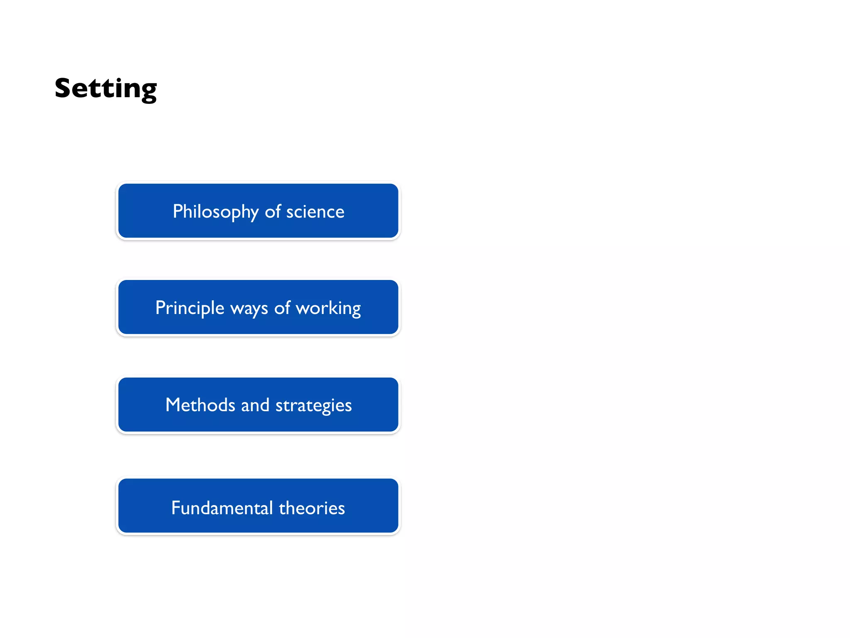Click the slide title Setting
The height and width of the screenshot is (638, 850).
pyautogui.click(x=106, y=88)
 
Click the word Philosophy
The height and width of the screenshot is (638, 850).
pyautogui.click(x=215, y=212)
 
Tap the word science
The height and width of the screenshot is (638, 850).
pyautogui.click(x=315, y=212)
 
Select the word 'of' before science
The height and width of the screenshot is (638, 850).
pyautogui.click(x=273, y=211)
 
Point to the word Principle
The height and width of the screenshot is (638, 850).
pyautogui.click(x=190, y=308)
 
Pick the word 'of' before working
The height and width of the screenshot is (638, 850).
pyautogui.click(x=282, y=308)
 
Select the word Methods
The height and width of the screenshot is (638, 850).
pyautogui.click(x=200, y=405)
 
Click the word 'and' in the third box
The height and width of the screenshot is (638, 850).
pyautogui.click(x=255, y=405)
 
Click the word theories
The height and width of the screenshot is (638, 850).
pyautogui.click(x=312, y=508)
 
